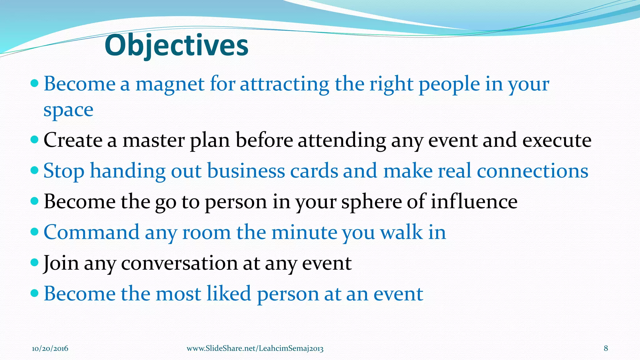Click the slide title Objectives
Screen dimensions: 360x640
(177, 46)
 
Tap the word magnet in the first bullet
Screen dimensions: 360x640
(170, 84)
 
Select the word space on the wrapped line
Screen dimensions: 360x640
(68, 110)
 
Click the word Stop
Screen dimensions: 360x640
(64, 171)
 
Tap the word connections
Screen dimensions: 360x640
(532, 171)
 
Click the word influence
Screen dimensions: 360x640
(474, 202)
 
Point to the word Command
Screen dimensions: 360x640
(91, 232)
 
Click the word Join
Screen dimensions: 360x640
(61, 263)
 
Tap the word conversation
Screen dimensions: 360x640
(179, 263)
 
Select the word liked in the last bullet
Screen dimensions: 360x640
(229, 294)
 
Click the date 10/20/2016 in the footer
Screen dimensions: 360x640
(50, 348)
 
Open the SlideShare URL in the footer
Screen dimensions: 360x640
(255, 348)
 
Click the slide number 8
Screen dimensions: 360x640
(606, 348)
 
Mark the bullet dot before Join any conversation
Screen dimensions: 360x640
(35, 262)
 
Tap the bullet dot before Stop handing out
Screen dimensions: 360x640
(35, 170)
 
